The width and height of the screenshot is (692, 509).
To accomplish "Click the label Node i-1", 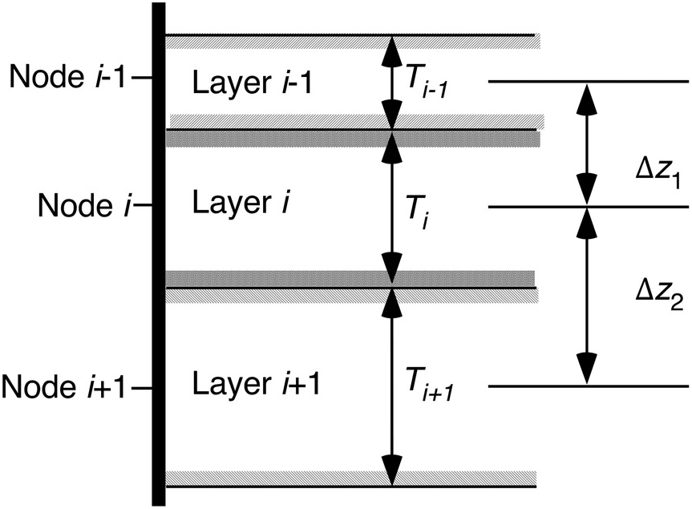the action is pyautogui.click(x=68, y=77).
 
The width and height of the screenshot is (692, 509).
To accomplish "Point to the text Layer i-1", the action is pyautogui.click(x=253, y=83).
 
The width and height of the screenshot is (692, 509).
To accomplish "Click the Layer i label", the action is pyautogui.click(x=241, y=204).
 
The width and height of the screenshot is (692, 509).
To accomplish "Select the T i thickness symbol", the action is pyautogui.click(x=418, y=213).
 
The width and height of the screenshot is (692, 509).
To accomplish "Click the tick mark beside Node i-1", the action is pyautogui.click(x=141, y=78).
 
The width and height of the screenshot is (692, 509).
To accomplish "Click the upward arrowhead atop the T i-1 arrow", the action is pyautogui.click(x=392, y=49).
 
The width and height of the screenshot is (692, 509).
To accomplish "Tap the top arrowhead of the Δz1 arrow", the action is pyautogui.click(x=586, y=97).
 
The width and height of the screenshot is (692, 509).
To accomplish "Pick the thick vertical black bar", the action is pyautogui.click(x=159, y=254).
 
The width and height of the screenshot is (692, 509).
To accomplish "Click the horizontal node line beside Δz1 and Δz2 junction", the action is pyautogui.click(x=589, y=207).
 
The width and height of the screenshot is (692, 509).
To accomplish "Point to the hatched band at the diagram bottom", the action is pyautogui.click(x=351, y=478).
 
